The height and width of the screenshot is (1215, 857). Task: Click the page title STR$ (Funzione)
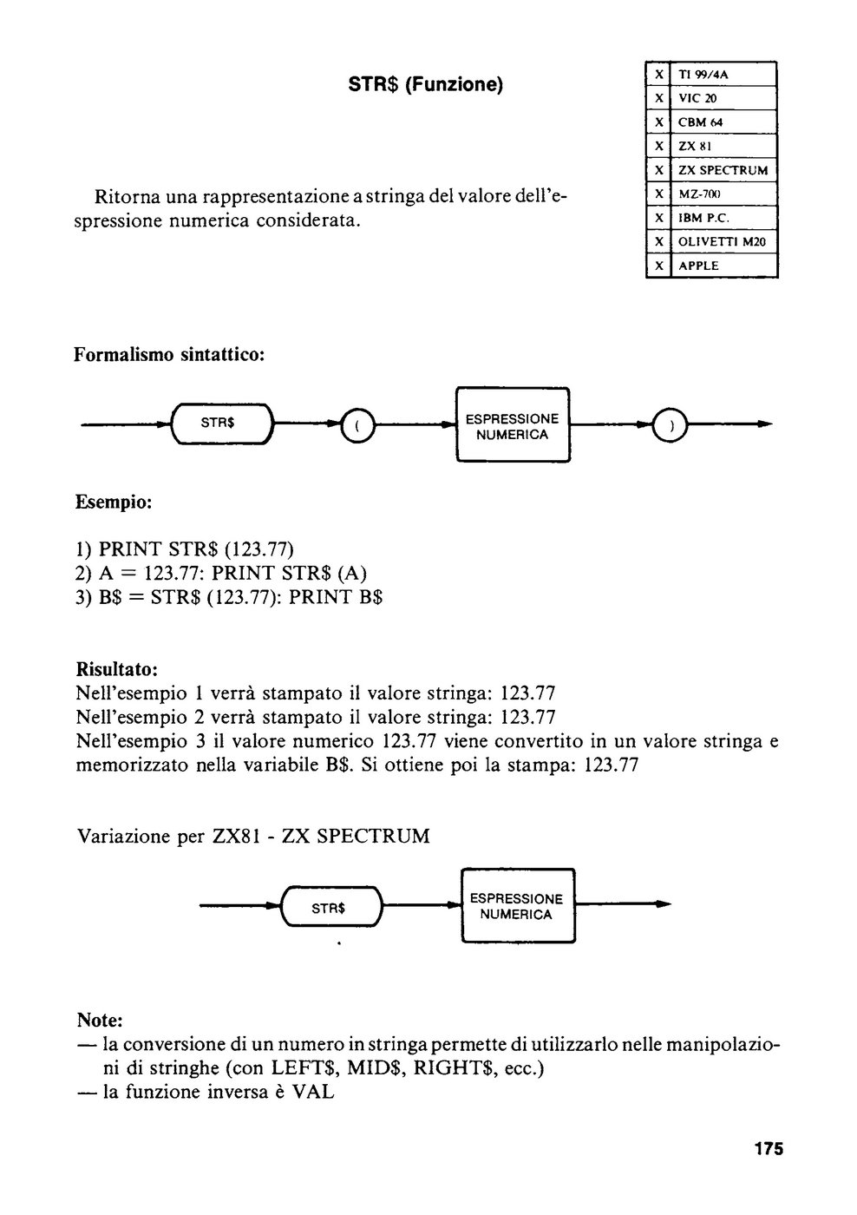(x=426, y=85)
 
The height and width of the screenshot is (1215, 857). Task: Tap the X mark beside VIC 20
(x=658, y=98)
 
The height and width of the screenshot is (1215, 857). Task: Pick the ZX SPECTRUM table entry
(x=723, y=170)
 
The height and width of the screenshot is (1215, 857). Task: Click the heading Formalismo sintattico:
(x=169, y=355)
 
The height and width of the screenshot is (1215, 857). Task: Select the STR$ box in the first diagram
(x=222, y=424)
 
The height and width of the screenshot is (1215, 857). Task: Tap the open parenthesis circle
(x=357, y=425)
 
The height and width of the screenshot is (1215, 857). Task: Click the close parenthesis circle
(x=670, y=425)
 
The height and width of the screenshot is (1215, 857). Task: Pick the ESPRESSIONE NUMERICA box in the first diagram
(x=513, y=424)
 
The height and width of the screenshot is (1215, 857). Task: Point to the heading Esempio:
(x=114, y=502)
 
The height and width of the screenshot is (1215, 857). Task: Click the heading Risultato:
(x=116, y=669)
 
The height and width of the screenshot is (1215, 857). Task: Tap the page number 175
(x=769, y=1149)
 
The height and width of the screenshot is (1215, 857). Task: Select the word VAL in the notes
(x=313, y=1092)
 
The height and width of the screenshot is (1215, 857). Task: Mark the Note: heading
(x=100, y=1020)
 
